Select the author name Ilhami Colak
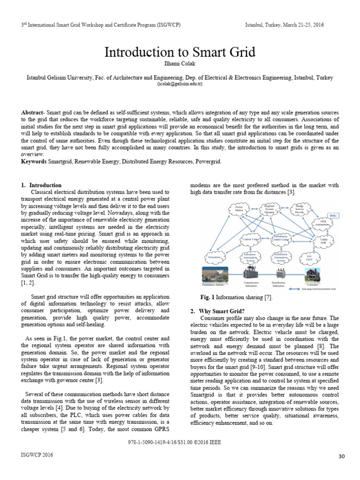(180, 64)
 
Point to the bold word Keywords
(34, 161)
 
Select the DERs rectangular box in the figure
(333, 215)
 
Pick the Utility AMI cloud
(323, 241)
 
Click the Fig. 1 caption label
(207, 298)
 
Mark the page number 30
(341, 456)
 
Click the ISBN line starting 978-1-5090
(180, 442)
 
